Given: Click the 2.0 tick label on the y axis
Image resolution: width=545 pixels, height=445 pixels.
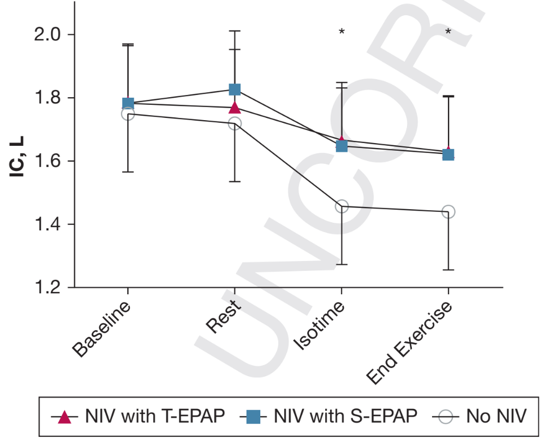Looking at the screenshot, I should (46, 35).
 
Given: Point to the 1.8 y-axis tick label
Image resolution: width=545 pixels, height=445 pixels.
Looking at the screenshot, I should (46, 98).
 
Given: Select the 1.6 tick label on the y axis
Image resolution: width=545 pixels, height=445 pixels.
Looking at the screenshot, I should (46, 162).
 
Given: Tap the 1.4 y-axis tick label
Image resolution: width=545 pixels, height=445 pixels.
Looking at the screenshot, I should (46, 224).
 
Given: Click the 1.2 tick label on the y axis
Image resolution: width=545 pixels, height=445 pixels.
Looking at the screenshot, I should (46, 288).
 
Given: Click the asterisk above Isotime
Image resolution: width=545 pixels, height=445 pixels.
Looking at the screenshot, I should (342, 32).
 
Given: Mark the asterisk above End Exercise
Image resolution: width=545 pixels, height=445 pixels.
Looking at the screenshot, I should (448, 32).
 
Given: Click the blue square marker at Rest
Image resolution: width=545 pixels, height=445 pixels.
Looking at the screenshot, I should (235, 90).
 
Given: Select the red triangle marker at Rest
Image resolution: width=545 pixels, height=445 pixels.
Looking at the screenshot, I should (235, 107).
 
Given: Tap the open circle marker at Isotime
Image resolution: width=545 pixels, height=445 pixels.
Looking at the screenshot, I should (342, 206).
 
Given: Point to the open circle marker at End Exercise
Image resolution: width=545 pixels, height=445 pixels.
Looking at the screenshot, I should (448, 212).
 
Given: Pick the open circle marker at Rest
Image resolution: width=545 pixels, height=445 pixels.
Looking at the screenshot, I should (235, 124).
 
